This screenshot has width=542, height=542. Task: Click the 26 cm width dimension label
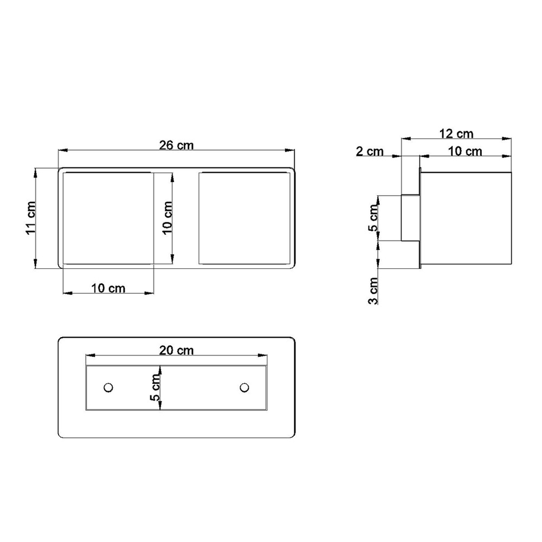pos(176,145)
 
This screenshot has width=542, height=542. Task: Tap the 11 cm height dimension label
pos(31,218)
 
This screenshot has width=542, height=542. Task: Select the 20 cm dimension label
pos(176,351)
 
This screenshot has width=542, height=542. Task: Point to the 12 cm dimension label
pos(456,133)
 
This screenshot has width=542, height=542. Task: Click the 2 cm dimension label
pos(370,151)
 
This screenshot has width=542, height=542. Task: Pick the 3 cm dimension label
pos(373,291)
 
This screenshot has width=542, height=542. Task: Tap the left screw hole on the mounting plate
pos(108,388)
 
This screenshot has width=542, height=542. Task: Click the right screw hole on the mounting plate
pos(244,388)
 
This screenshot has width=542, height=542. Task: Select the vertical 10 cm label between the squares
pos(167,218)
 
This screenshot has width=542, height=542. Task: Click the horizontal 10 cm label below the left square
pos(108,288)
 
